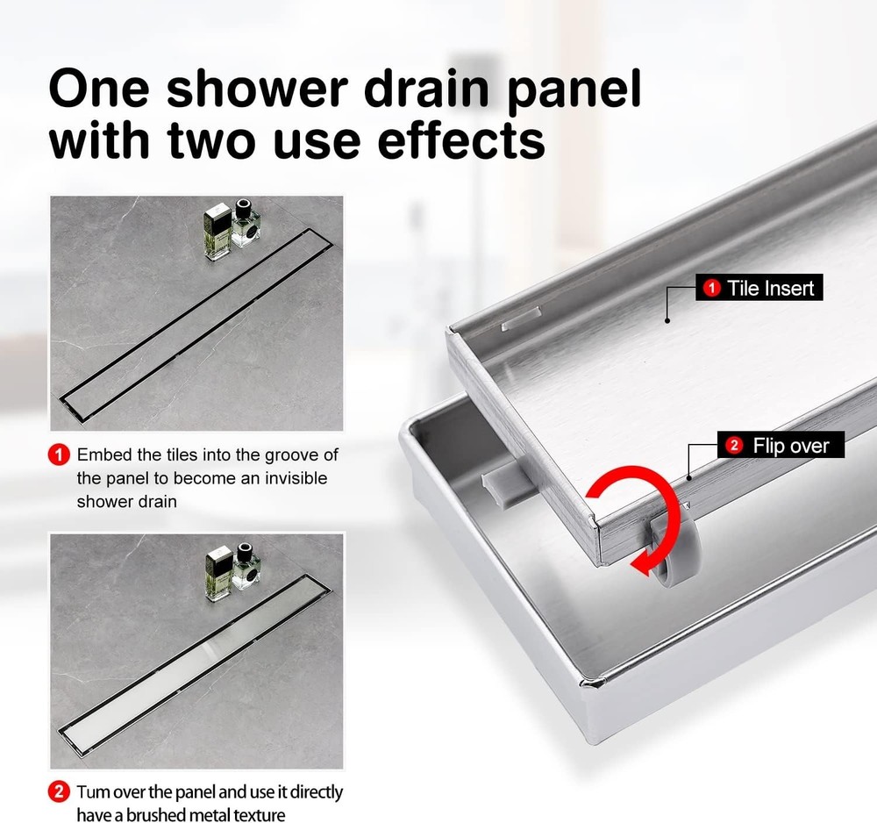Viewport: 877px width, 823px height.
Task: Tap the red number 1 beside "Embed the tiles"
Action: (60, 455)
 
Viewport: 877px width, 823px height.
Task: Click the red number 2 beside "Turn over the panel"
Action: (60, 793)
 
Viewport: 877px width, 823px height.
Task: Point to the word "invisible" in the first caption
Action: (295, 478)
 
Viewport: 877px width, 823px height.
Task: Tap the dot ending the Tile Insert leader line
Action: (667, 321)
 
